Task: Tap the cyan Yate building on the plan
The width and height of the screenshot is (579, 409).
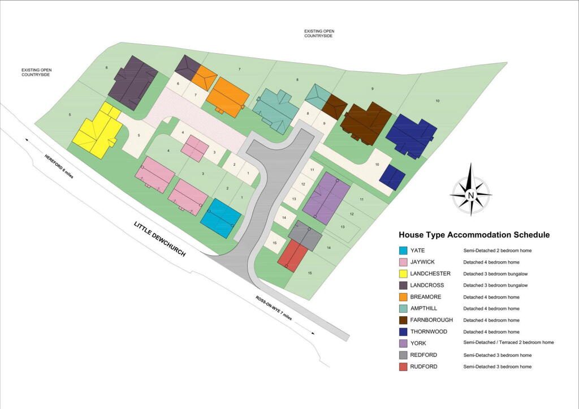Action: (220, 218)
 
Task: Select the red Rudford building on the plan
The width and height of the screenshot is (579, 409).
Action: (292, 256)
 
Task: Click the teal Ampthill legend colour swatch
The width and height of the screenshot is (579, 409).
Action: (403, 308)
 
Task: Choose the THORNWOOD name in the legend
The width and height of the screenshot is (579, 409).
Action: (428, 331)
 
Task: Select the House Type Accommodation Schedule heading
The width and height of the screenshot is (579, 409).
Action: (474, 235)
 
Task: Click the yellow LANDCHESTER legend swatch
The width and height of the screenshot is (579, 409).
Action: (403, 273)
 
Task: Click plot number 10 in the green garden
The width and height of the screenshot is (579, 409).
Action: (437, 101)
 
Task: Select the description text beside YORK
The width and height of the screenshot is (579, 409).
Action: (508, 343)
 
